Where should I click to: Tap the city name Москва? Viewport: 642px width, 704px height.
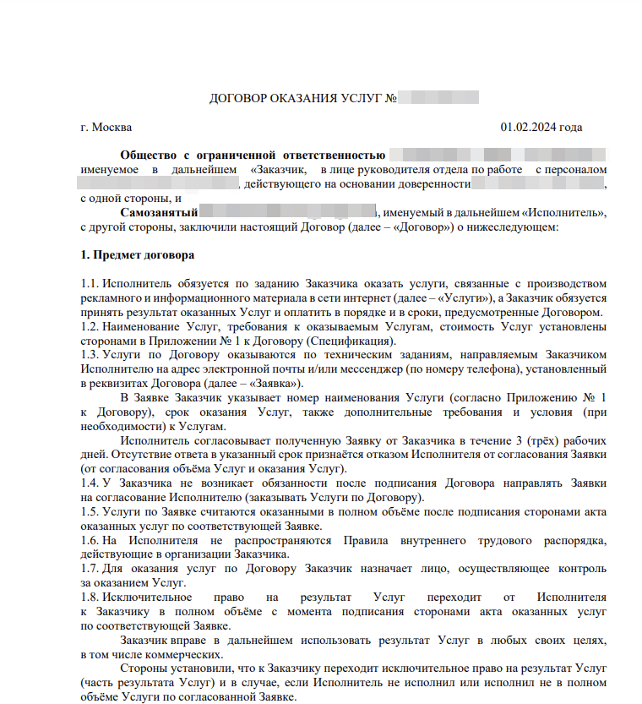point(112,128)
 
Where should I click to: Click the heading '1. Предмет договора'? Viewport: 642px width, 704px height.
point(137,254)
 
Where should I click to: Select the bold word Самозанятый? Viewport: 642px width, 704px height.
point(159,212)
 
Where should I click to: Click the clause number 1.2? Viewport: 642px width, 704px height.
point(89,325)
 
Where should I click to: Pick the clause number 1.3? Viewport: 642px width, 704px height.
point(89,354)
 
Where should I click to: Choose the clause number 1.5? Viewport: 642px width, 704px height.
point(89,511)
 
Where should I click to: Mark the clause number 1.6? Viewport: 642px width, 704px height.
point(89,540)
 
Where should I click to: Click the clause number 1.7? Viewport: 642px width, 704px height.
point(89,569)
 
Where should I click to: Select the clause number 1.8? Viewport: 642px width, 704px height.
point(89,598)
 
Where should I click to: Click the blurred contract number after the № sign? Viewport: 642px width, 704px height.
point(439,99)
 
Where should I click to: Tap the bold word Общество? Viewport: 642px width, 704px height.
point(148,156)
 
